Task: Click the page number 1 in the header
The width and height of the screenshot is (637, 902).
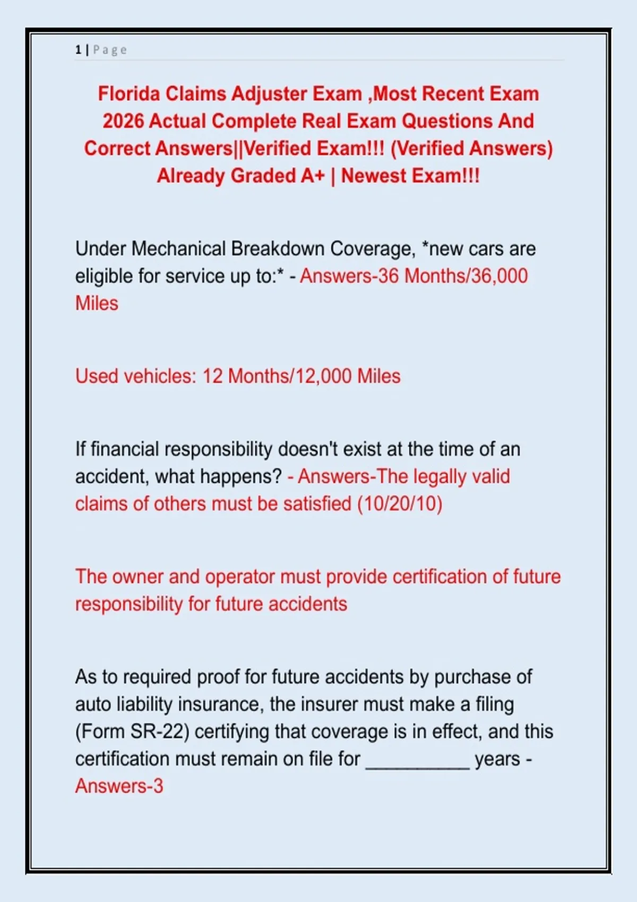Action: tap(78, 50)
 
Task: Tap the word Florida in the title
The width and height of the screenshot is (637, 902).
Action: tap(128, 94)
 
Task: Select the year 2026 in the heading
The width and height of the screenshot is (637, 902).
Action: tap(123, 122)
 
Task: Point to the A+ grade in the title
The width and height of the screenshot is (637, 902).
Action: tap(312, 176)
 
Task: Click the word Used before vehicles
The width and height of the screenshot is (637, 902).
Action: tap(97, 376)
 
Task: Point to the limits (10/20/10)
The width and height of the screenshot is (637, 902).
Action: tap(400, 504)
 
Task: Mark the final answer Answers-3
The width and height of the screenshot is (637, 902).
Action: tap(119, 786)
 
